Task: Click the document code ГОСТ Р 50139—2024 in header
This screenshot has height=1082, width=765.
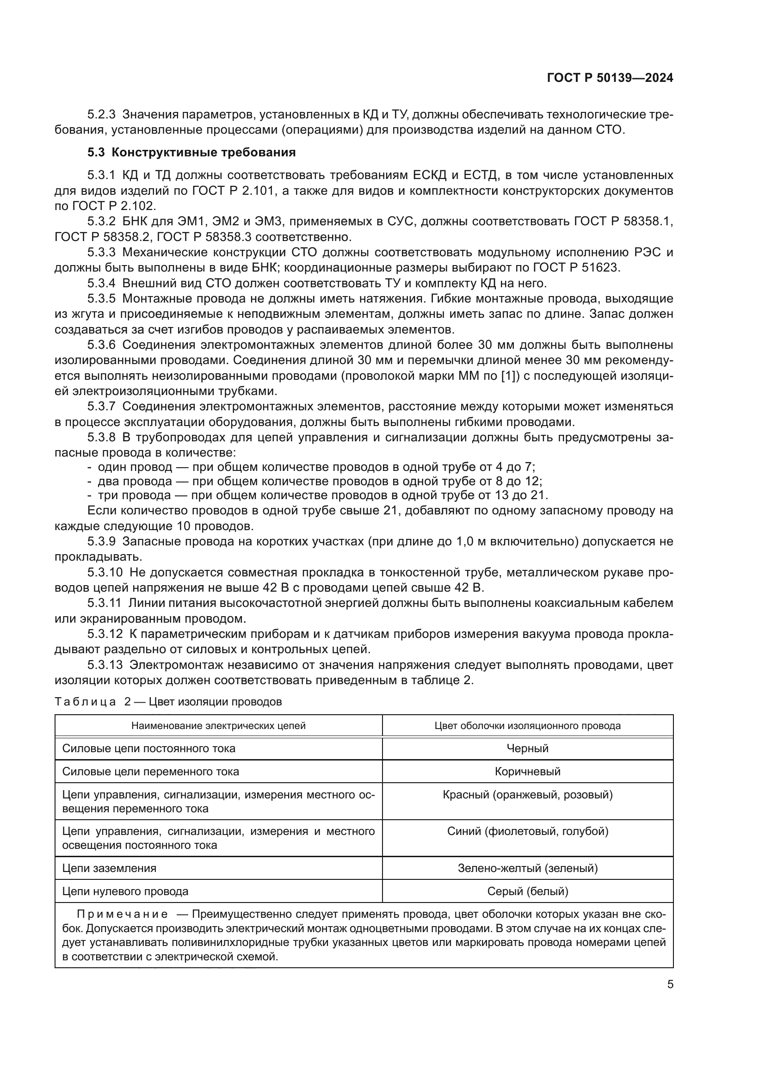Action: coord(610,78)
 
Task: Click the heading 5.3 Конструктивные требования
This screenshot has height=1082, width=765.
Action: coord(191,152)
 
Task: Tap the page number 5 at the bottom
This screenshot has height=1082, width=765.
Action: coord(670,984)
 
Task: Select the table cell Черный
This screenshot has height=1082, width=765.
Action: coord(527,748)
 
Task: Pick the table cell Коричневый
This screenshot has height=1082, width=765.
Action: coord(527,772)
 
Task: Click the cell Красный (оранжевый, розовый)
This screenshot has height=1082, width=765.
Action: coord(527,795)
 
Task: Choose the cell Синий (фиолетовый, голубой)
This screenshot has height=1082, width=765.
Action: coord(527,831)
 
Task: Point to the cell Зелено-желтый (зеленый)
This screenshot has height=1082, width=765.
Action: coord(527,868)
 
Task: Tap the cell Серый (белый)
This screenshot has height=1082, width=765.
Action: coord(527,891)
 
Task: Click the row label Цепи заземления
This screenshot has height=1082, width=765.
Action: coord(109,868)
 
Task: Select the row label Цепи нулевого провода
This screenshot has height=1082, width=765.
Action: coord(125,891)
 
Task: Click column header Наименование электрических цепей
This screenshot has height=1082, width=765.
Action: coord(218,725)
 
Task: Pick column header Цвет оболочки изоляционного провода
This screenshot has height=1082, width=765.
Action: coord(527,725)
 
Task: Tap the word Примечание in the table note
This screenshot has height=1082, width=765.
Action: coord(122,914)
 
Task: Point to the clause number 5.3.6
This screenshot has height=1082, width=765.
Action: coord(101,345)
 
